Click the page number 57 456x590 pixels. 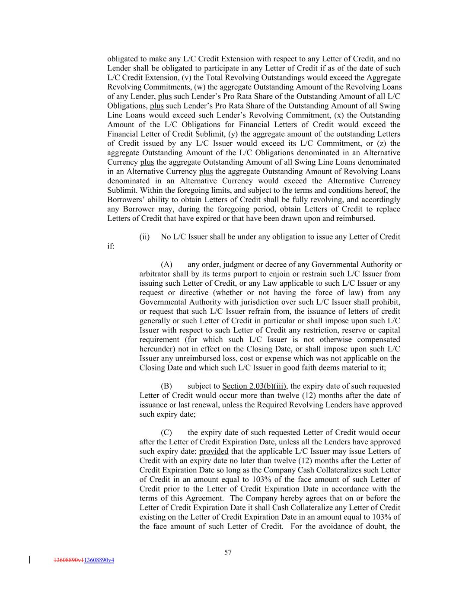click(228, 552)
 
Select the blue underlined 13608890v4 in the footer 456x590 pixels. click(99, 560)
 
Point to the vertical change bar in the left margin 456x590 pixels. click(29, 560)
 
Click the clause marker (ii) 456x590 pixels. click(144, 237)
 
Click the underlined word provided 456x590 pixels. click(214, 451)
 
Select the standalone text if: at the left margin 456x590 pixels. click(111, 246)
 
